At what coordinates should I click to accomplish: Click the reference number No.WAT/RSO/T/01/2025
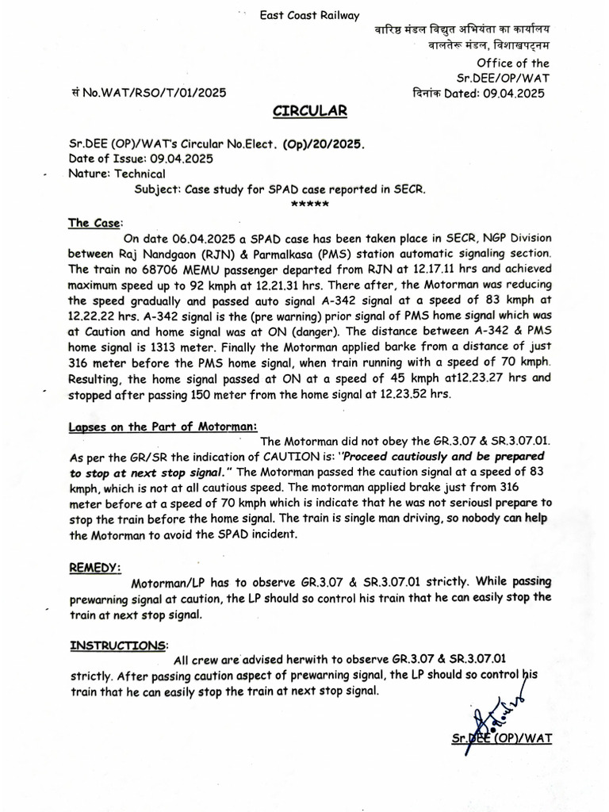tap(153, 93)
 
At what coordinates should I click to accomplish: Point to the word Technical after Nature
tap(140, 174)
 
